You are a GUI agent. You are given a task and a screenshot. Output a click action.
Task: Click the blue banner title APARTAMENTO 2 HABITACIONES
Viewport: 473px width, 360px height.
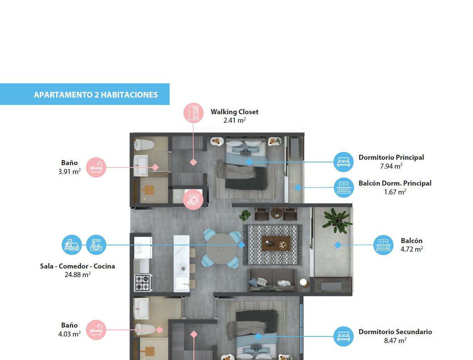point(96,95)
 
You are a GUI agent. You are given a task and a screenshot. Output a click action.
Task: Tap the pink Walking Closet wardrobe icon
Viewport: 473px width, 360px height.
point(193,113)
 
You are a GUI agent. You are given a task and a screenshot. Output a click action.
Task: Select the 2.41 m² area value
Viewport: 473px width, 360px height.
point(234,120)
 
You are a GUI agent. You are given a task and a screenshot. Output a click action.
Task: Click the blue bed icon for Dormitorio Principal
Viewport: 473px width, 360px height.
point(343,162)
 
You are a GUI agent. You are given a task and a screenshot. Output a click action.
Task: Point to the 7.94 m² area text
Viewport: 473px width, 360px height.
point(391,166)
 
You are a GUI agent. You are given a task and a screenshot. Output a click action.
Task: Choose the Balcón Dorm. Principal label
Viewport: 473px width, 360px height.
point(395,183)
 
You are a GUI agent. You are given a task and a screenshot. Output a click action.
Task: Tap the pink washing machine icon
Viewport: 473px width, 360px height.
point(193,199)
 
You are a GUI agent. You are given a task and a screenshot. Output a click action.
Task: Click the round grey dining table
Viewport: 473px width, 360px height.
point(221,249)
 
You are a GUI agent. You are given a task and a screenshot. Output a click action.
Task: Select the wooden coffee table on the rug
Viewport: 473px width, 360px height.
point(276,243)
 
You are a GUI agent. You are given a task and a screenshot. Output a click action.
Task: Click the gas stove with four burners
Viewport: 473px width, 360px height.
point(143,282)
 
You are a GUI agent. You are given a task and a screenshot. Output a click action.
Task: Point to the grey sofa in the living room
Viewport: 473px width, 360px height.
point(272,280)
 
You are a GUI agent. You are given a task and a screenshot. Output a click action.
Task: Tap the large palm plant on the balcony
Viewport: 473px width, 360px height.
point(337,221)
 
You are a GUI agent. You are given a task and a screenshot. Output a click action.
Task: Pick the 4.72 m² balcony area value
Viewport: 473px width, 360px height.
point(411,249)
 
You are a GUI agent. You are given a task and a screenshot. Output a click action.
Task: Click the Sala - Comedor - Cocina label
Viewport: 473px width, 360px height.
point(77,266)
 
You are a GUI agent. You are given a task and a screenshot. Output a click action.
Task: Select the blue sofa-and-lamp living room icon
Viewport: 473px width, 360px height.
point(72,245)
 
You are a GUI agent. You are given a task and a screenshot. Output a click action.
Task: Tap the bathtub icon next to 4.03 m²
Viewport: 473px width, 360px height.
point(96,330)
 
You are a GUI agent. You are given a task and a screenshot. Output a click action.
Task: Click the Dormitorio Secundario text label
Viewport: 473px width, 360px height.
point(395,331)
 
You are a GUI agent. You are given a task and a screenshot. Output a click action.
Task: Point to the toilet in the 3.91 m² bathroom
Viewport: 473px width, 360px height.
point(144,144)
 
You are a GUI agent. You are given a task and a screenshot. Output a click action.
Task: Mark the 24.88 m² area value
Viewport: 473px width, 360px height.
point(77,275)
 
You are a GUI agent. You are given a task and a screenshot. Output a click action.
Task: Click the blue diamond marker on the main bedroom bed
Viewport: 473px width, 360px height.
point(249,162)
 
